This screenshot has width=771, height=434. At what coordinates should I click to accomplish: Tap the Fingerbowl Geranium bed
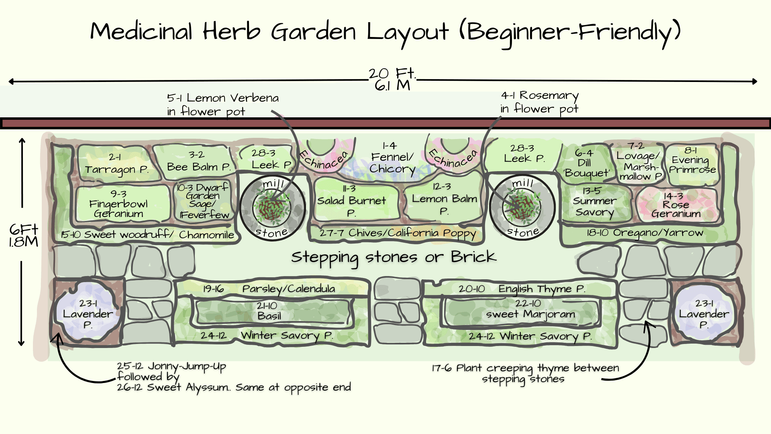pyautogui.click(x=119, y=204)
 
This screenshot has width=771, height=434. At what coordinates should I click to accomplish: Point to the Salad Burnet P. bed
pyautogui.click(x=351, y=201)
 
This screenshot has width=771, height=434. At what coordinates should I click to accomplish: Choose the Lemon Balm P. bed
pyautogui.click(x=444, y=199)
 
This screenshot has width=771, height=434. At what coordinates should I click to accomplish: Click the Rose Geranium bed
pyautogui.click(x=676, y=205)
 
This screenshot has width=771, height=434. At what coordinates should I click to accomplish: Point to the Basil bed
pyautogui.click(x=269, y=311)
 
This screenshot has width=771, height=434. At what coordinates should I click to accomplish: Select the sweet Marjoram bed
pyautogui.click(x=530, y=309)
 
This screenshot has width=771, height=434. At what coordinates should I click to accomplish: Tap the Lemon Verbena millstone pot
pyautogui.click(x=272, y=207)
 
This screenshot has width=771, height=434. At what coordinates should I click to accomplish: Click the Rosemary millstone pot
pyautogui.click(x=522, y=207)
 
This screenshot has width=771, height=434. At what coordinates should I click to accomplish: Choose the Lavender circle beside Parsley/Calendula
pyautogui.click(x=88, y=314)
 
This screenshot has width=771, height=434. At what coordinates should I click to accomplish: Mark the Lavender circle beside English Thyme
pyautogui.click(x=704, y=314)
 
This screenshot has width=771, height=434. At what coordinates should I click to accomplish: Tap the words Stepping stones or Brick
pyautogui.click(x=394, y=257)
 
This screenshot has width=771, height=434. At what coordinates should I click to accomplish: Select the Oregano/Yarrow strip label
pyautogui.click(x=644, y=233)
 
